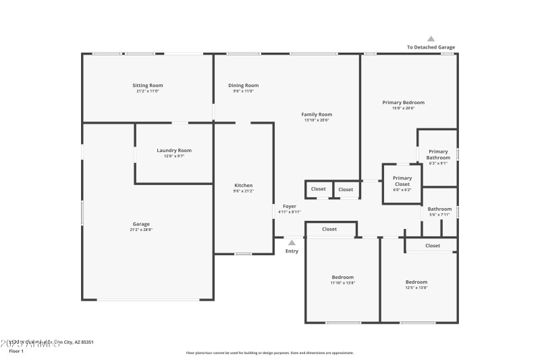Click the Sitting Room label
(147, 86)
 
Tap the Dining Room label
(243, 86)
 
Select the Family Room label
(317, 115)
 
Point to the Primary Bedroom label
(403, 103)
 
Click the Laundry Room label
(174, 151)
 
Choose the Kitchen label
(243, 186)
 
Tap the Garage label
(141, 224)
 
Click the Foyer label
(290, 207)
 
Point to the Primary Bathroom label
(438, 155)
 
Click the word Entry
(292, 251)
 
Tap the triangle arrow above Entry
(292, 242)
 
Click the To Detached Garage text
(431, 47)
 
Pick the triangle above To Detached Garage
(431, 38)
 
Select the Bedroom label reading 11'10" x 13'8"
(342, 278)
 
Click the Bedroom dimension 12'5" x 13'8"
(416, 288)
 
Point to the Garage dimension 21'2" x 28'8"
(141, 230)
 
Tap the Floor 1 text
(16, 351)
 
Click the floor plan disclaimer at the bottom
(269, 353)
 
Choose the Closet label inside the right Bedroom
(433, 246)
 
